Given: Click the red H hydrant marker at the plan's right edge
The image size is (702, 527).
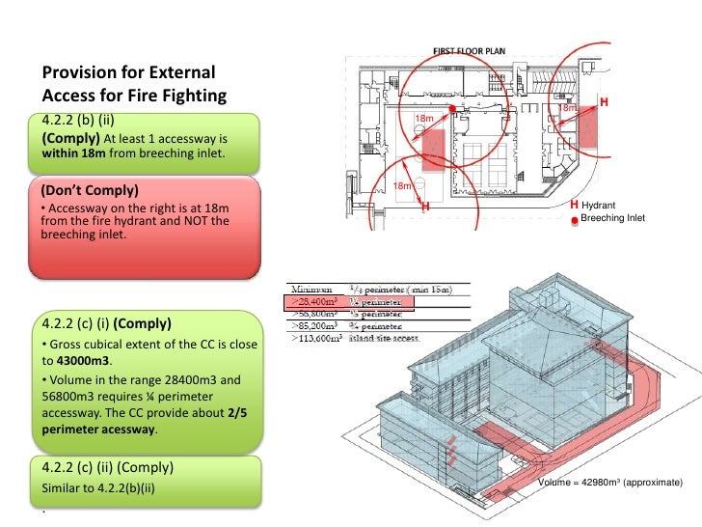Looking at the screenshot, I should (605, 102).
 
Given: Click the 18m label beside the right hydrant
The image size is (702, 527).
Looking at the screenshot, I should (567, 109).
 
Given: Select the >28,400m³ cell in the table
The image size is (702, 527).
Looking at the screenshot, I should (316, 301).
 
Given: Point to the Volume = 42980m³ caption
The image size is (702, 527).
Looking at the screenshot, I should (610, 481).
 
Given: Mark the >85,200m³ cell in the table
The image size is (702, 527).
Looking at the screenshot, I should (316, 325).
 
